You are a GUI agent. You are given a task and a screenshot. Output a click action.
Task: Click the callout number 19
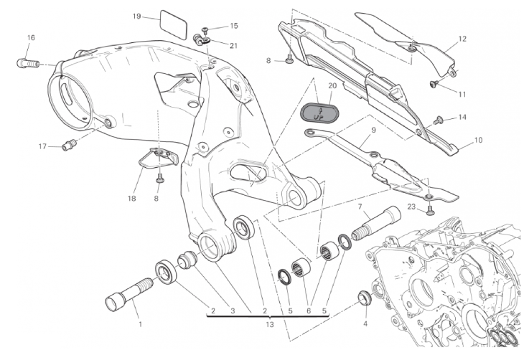136,16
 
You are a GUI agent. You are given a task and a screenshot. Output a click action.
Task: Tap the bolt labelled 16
27,63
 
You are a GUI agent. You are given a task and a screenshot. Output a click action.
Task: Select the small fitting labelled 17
70,146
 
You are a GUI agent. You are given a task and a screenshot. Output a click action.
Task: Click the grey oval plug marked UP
319,113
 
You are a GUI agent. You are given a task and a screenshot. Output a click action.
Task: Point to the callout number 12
462,39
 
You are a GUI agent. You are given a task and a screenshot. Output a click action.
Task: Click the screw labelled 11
434,83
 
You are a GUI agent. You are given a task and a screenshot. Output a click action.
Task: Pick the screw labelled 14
439,119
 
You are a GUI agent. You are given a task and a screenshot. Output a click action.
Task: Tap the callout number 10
478,140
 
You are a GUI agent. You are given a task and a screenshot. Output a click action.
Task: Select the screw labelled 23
430,211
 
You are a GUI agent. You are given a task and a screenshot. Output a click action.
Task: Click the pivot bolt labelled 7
376,224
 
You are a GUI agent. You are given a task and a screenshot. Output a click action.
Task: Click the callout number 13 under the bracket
270,325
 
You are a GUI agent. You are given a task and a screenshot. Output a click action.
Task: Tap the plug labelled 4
365,298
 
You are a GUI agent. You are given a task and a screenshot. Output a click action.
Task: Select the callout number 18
131,199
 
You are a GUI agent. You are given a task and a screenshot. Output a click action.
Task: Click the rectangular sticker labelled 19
173,25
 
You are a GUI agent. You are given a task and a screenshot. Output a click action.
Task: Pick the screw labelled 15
205,31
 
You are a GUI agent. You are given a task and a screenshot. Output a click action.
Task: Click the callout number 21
233,45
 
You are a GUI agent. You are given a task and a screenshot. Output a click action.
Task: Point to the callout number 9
374,130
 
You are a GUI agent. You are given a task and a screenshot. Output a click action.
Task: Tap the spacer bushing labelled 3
187,260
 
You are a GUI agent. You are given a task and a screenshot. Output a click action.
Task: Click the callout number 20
332,85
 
